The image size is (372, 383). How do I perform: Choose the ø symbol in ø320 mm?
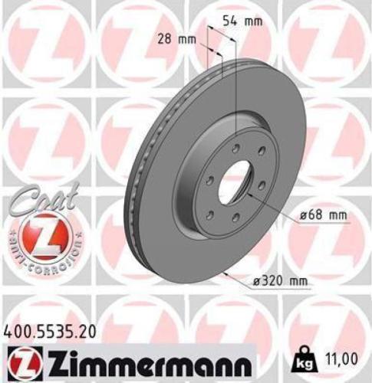click(258, 281)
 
